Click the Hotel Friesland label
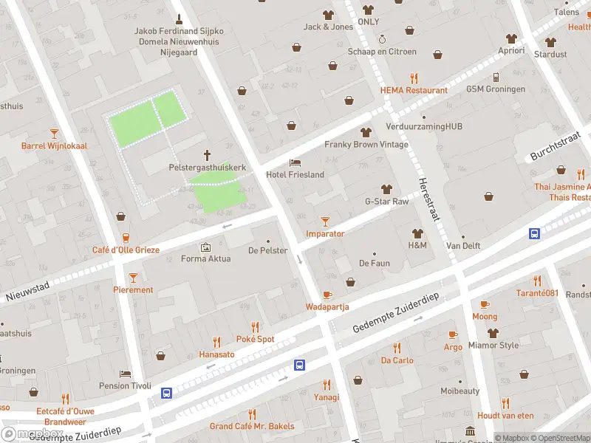point(295,175)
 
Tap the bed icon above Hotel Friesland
point(295,162)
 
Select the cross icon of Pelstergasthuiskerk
point(207,155)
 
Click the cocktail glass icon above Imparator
point(325,221)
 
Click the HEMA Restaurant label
point(414,90)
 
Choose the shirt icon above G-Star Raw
point(386,189)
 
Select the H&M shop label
point(417,245)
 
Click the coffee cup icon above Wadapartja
point(327,294)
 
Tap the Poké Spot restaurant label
point(255,339)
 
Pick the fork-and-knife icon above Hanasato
point(216,342)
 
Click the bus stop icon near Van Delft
point(534,233)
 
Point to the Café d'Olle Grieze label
point(126,250)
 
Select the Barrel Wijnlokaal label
point(54,145)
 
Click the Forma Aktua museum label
point(205,258)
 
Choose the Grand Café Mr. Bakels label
point(252,426)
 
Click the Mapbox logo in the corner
point(31,434)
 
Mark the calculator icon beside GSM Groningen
point(496,77)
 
